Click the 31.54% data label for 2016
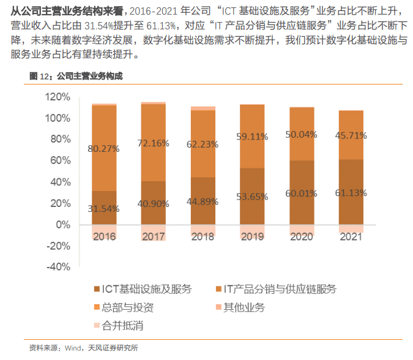(x=104, y=208)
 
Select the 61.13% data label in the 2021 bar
(x=351, y=193)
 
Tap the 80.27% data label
(x=104, y=148)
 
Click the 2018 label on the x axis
(x=203, y=236)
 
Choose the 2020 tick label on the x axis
(x=302, y=236)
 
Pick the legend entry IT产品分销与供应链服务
(x=279, y=289)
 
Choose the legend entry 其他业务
(x=244, y=307)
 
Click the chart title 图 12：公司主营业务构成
(x=76, y=76)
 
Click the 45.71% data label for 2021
(x=351, y=135)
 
